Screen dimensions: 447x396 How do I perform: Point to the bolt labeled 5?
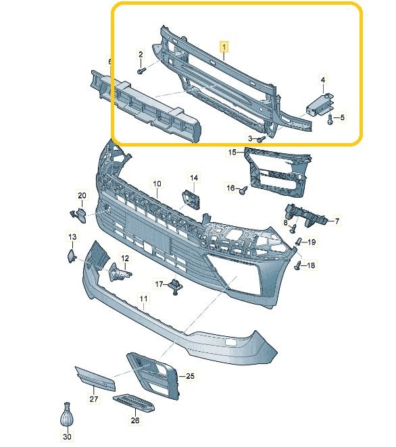[329, 120]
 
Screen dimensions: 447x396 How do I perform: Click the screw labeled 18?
[298, 266]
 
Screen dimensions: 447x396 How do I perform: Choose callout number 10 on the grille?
[157, 183]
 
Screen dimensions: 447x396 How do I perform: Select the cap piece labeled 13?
[71, 255]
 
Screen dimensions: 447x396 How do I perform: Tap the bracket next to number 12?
[119, 271]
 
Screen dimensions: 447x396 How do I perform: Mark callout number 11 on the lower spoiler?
[143, 298]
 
